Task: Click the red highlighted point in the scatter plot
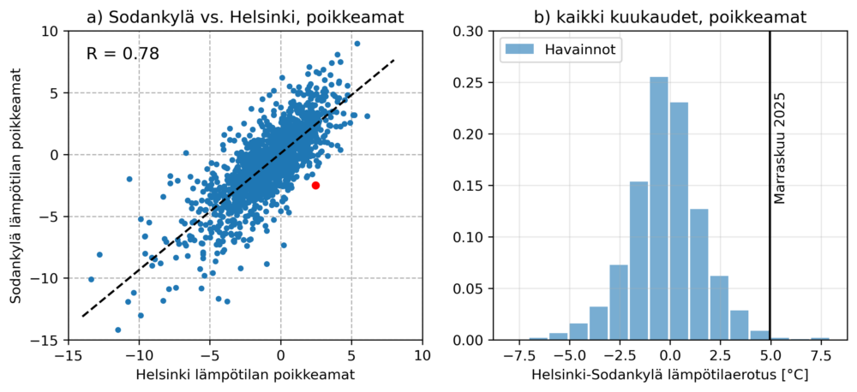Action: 315,185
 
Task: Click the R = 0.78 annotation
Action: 123,55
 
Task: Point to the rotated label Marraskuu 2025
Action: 780,148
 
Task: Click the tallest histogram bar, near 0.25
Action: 659,208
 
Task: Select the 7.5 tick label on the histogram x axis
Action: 820,355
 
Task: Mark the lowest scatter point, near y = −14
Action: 118,330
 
